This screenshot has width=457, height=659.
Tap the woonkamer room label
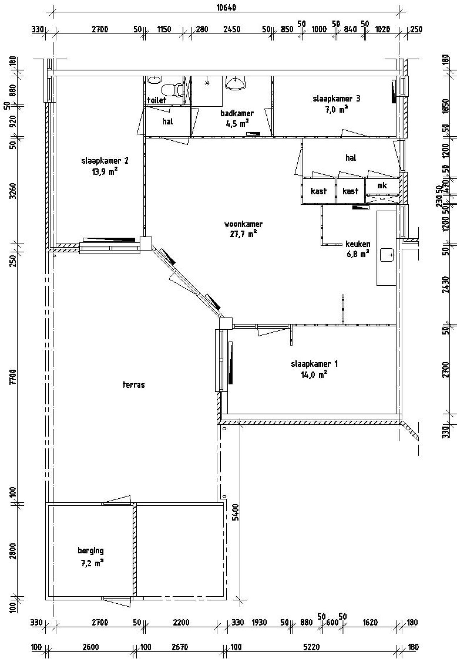coord(243,224)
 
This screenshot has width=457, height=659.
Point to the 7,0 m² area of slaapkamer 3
coord(336,110)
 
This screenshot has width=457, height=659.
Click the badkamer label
coord(237,113)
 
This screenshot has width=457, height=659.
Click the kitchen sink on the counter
coord(387,255)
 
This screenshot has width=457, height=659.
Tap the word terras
coord(134,385)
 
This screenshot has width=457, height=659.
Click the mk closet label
coord(382,186)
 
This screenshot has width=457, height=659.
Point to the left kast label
coord(318,191)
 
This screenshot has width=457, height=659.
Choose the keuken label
coord(357,244)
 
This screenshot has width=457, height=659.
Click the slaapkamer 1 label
coord(314,364)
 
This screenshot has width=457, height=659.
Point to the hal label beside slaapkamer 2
coord(168,122)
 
